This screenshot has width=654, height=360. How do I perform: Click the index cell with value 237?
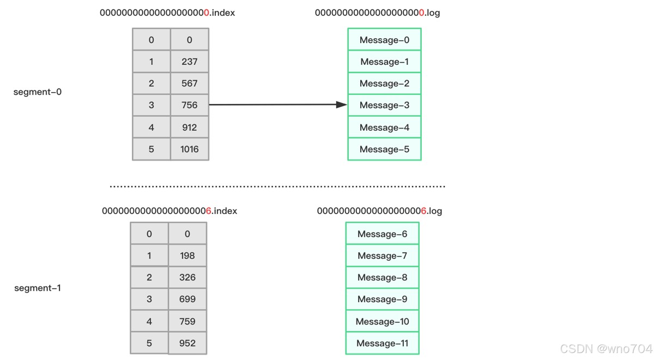point(190,62)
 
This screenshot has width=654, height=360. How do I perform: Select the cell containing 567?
point(190,83)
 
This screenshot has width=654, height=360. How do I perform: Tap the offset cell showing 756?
point(190,105)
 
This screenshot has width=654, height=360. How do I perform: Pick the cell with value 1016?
point(190,149)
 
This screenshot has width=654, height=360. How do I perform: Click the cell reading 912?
point(190,127)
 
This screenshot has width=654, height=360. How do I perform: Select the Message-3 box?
point(384,105)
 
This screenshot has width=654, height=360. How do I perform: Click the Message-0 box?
point(384,40)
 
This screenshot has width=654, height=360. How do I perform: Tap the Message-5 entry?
point(384,149)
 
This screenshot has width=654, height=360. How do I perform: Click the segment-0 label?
point(38,92)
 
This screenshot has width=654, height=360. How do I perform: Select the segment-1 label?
point(38,288)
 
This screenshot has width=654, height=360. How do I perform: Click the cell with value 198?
point(187,255)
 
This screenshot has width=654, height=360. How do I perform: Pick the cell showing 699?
point(187,299)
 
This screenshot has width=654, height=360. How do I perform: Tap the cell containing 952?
point(187,343)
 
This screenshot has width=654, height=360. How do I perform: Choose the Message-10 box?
point(382,321)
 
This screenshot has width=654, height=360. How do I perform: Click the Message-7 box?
point(382,255)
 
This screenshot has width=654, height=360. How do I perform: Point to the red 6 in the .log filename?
point(423,211)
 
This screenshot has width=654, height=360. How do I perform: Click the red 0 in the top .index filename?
point(207,13)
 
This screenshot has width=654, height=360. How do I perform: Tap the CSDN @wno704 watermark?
point(606,349)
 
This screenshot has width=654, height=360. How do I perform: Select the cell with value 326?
point(187,277)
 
